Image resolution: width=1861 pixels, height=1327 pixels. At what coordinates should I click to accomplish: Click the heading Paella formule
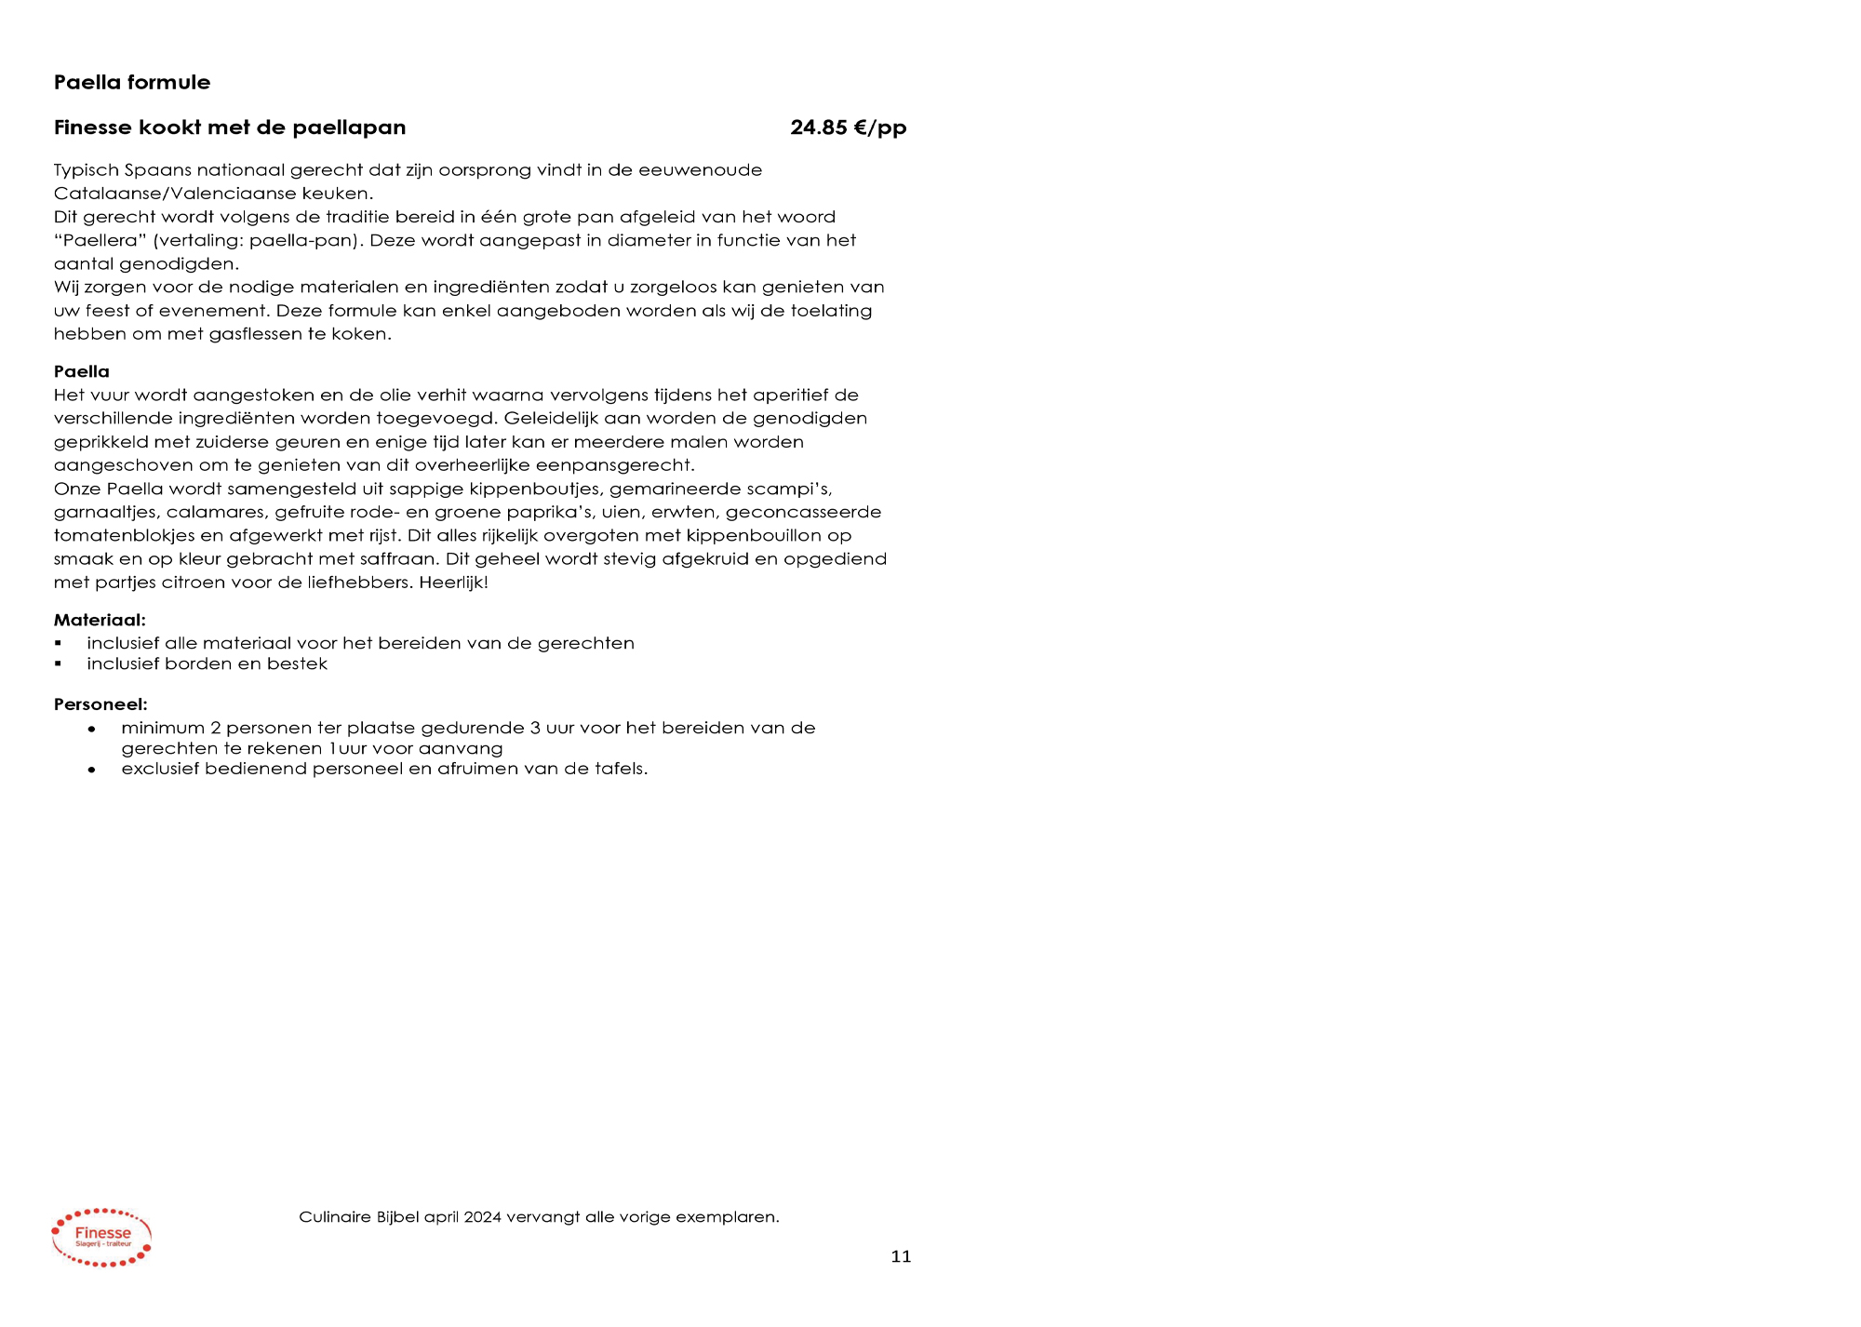pos(132,82)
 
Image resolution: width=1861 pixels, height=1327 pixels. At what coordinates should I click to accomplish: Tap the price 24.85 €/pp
pos(848,127)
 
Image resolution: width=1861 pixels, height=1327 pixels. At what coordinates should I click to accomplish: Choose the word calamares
pos(215,512)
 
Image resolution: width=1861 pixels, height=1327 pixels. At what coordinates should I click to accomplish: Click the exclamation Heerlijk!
pos(453,583)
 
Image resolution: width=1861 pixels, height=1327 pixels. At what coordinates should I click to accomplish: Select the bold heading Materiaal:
pos(100,620)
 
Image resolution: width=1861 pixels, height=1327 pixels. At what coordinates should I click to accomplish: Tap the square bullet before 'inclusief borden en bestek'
pos(58,664)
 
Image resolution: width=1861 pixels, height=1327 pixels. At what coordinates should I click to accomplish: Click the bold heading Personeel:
pos(100,704)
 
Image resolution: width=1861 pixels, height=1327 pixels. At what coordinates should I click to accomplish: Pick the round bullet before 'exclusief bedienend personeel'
pos(91,771)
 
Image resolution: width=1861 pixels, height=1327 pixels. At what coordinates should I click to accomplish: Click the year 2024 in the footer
pos(483,1217)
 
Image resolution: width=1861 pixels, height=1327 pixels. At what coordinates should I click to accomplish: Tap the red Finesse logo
pos(101,1238)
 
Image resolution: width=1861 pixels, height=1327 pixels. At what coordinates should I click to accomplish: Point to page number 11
pos(901,1257)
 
